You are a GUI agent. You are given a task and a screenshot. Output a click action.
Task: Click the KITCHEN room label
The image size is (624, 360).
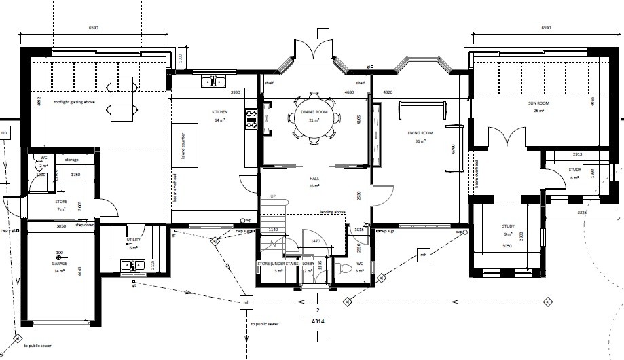(x=219, y=112)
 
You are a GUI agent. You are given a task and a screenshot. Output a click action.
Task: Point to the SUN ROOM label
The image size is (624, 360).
(x=539, y=103)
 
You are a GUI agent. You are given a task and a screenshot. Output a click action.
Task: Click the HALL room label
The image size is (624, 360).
(x=314, y=179)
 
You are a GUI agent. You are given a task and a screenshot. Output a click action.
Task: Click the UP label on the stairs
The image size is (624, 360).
(x=274, y=197)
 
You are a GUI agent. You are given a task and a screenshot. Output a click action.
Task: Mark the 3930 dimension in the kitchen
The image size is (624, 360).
(x=236, y=92)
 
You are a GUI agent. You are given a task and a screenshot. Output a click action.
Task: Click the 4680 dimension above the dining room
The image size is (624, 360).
(x=350, y=92)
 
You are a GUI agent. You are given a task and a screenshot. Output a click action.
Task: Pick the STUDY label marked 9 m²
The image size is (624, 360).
(x=507, y=227)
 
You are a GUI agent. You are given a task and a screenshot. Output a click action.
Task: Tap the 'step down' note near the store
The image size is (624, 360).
(x=84, y=225)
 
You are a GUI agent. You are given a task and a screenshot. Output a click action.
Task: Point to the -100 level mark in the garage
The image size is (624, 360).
(x=59, y=252)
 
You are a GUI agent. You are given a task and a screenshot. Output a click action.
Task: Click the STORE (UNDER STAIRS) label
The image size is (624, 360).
(x=278, y=263)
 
